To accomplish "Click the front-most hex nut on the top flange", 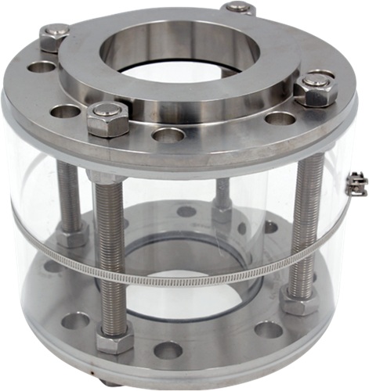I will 107,119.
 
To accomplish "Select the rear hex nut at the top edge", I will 240,7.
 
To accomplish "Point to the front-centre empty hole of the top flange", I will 168,135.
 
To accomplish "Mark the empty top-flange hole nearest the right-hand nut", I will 280,119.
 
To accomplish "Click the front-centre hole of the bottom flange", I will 168,350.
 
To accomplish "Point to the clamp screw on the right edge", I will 356,183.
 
